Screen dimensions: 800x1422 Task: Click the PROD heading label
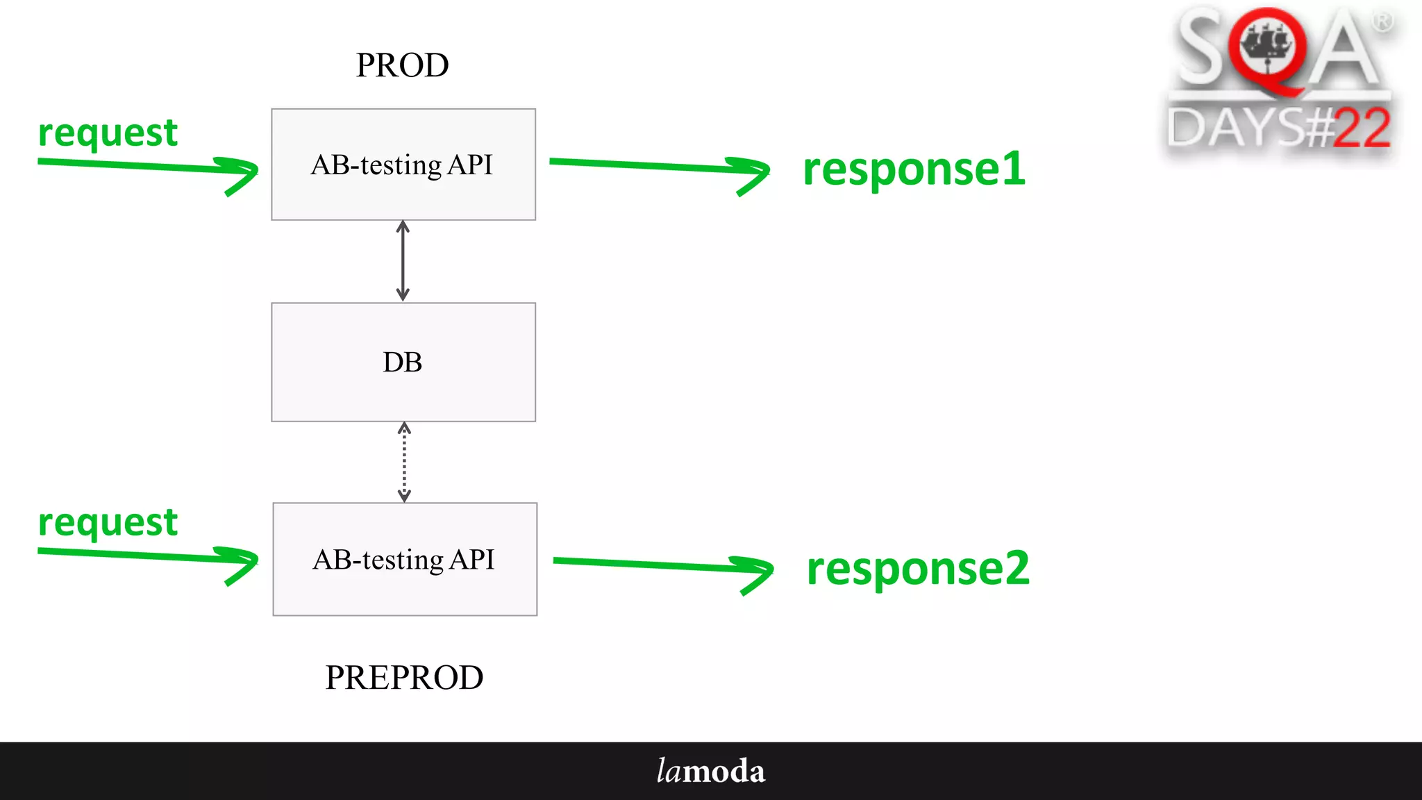[402, 65]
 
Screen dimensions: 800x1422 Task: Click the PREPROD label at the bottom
[404, 677]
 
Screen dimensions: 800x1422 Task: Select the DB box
[403, 362]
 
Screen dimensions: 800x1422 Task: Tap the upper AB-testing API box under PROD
[403, 165]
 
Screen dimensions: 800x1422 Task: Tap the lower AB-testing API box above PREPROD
[404, 559]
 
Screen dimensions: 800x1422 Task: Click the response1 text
[914, 169]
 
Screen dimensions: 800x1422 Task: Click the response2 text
[917, 569]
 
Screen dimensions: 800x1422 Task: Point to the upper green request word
[108, 133]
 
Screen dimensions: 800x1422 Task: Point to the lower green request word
[108, 523]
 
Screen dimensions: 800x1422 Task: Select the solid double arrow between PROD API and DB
[403, 260]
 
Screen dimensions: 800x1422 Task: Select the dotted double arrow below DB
[404, 462]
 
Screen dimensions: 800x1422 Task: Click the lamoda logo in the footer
[710, 772]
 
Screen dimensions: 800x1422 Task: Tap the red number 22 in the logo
[1361, 128]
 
